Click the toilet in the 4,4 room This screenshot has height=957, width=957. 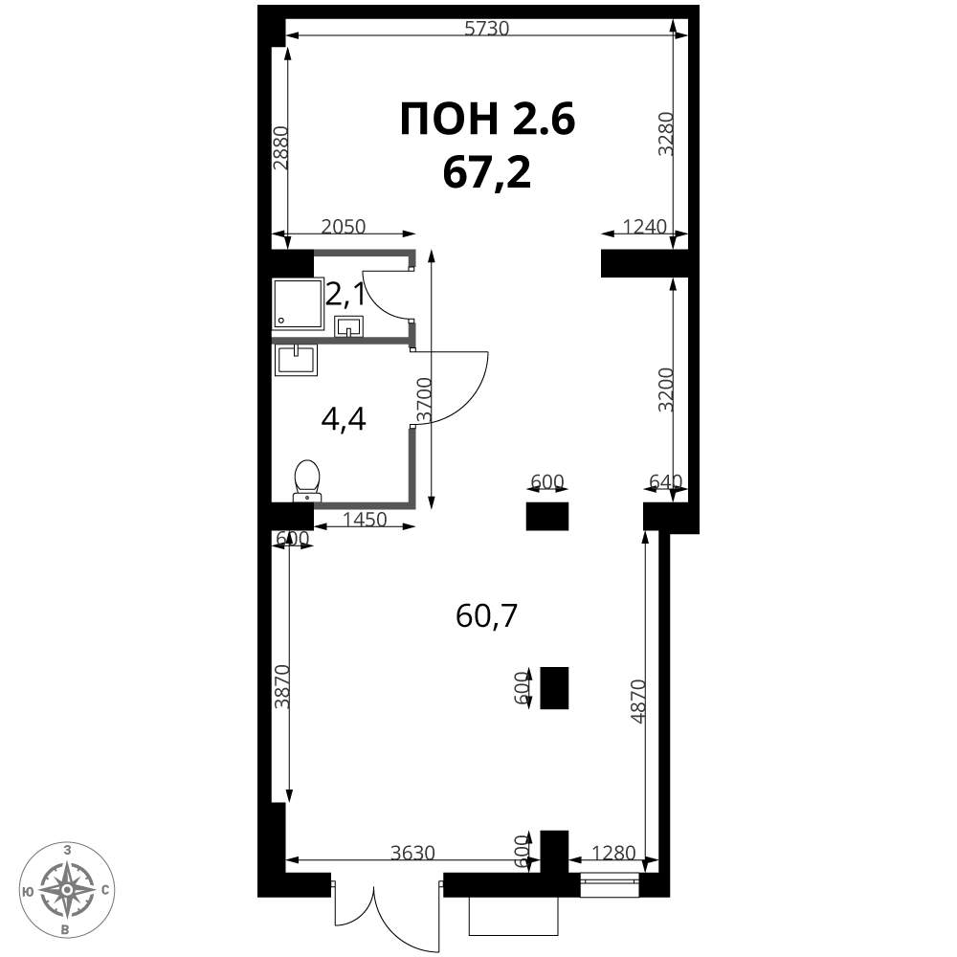tap(307, 480)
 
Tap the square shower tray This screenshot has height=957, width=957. tap(298, 303)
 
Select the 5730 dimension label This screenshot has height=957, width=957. tap(486, 29)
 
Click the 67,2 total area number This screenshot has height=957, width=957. tap(487, 172)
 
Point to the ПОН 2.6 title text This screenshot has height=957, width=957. tap(488, 119)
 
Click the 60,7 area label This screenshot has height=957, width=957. tap(486, 615)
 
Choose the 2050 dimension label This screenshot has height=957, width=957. tap(343, 227)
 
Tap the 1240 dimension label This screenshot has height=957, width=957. tap(644, 227)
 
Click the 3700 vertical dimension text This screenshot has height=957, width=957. tap(424, 400)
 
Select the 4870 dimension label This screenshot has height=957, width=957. tap(637, 701)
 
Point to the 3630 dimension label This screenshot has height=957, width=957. tap(412, 852)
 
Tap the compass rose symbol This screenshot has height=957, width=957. tap(67, 889)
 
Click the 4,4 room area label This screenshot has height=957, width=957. tap(343, 420)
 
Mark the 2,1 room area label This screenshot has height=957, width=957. tap(345, 296)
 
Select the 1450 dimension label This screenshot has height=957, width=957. tap(365, 520)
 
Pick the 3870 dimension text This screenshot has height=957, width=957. tap(282, 686)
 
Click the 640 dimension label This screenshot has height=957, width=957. tap(665, 481)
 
